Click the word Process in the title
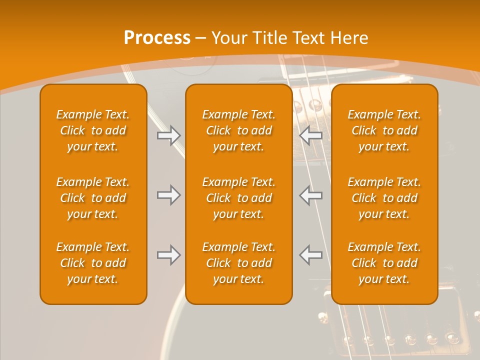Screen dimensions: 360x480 click(x=157, y=38)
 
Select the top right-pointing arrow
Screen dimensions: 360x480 click(x=168, y=135)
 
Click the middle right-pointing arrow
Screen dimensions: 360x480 click(x=168, y=195)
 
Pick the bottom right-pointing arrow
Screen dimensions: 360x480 click(x=168, y=255)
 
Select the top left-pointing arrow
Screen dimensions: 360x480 click(x=311, y=135)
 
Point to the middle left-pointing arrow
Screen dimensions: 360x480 click(x=311, y=195)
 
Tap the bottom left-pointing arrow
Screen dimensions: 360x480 click(x=311, y=255)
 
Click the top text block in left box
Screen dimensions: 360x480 click(x=93, y=130)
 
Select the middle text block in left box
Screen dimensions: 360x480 click(x=93, y=198)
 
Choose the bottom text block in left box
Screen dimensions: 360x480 click(x=93, y=263)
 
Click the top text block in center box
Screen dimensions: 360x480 click(x=239, y=130)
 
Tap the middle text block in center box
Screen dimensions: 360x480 click(x=239, y=198)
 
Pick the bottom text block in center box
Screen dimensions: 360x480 click(x=239, y=263)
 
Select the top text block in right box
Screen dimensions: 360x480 click(x=384, y=130)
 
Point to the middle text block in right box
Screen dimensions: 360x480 click(x=384, y=198)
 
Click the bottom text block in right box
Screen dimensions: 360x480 click(x=384, y=263)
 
